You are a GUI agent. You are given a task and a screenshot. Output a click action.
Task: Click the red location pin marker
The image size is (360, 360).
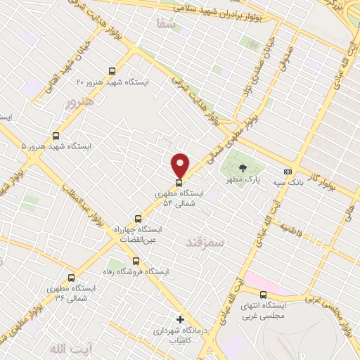point(181,165)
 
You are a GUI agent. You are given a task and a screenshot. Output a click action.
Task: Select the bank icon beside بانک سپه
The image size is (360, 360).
point(288,172)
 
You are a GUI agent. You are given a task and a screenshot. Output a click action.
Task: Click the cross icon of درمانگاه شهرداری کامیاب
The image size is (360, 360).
point(181,319)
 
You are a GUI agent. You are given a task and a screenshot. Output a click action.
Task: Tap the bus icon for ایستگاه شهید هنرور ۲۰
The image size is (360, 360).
point(112,71)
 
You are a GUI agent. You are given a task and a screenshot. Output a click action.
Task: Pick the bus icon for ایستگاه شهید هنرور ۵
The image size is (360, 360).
point(56,136)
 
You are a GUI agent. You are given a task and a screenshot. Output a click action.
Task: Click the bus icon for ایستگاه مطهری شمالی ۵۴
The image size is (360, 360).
point(179,183)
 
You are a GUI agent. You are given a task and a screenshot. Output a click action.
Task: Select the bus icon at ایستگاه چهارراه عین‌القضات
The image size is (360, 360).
point(138,219)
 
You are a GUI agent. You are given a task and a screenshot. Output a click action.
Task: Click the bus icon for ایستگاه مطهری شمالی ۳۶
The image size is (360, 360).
point(70,278)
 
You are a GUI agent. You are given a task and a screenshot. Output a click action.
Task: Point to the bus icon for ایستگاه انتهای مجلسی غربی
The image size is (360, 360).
point(264,295)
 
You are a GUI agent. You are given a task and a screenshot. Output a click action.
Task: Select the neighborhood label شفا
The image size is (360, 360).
point(166,22)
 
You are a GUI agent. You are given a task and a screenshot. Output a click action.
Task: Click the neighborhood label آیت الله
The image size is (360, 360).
point(60,348)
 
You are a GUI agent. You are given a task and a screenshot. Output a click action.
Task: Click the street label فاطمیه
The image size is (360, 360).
point(292,229)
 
